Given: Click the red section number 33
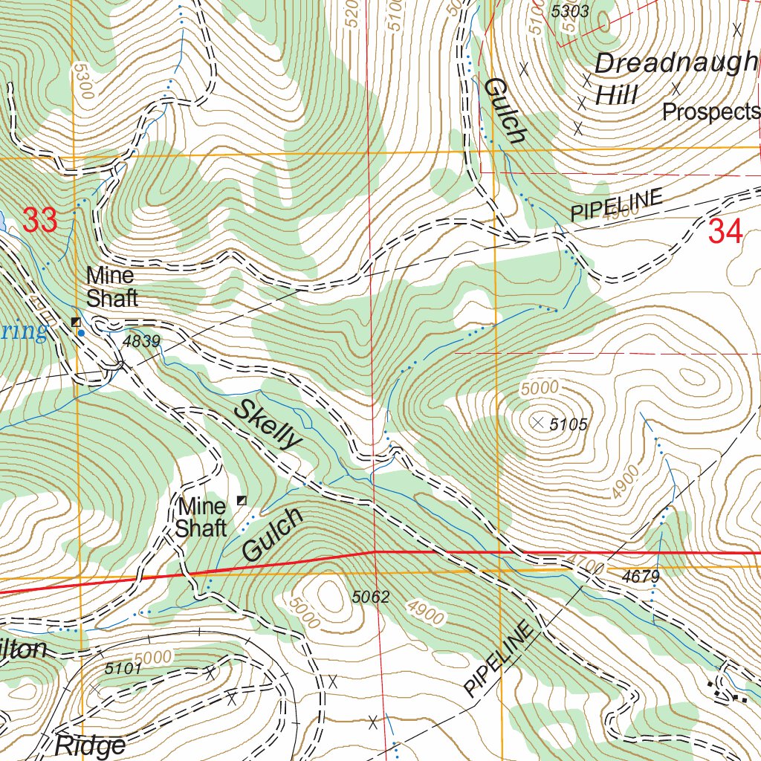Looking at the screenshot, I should (39, 220).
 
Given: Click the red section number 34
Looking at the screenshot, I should (725, 232).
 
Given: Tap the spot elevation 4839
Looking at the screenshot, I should (142, 341).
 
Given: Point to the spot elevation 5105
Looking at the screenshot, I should (569, 424).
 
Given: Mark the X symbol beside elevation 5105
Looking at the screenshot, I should (538, 422).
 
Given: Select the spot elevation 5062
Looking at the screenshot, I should (371, 596).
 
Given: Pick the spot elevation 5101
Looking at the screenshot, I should (123, 668).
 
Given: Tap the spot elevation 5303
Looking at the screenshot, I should (570, 11).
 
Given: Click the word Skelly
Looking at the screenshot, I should (268, 424).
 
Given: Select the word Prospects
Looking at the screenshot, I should (710, 111).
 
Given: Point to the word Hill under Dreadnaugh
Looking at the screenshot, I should (616, 94).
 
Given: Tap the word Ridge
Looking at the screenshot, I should (90, 745).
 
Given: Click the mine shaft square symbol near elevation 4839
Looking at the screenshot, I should (75, 322).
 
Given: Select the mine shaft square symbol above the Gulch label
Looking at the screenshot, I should (241, 500).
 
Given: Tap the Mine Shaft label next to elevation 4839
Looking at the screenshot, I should (111, 286).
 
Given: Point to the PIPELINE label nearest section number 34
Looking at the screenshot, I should (616, 205).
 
